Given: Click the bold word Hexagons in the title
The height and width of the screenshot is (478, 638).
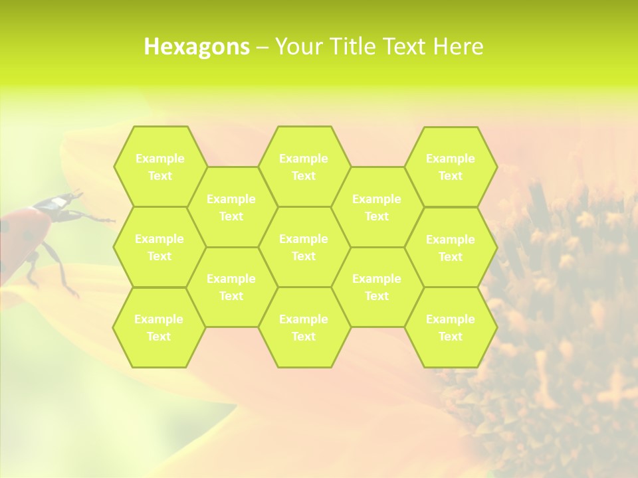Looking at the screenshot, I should click(197, 46).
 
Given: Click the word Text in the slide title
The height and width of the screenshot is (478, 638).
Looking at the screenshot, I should click(405, 46).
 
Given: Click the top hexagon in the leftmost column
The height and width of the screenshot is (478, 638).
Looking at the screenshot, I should click(159, 167).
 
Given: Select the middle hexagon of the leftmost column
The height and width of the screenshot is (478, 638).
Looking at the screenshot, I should click(159, 247).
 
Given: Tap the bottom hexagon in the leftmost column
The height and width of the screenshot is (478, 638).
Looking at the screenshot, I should click(159, 327).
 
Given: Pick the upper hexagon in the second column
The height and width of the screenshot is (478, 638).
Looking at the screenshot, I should click(231, 207).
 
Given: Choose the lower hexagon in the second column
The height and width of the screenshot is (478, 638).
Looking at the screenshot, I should click(231, 287).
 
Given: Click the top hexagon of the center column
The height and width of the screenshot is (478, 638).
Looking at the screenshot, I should click(304, 167).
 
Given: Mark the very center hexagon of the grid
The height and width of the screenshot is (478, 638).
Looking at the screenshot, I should click(304, 247).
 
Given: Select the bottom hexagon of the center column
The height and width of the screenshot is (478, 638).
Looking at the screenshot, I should click(304, 327).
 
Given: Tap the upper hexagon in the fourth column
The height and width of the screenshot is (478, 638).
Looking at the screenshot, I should click(377, 207).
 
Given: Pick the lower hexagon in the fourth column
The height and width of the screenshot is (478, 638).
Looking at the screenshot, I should click(377, 287).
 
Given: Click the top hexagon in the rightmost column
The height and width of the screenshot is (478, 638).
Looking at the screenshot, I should click(451, 167).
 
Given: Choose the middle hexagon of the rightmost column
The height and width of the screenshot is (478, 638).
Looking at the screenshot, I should click(451, 248).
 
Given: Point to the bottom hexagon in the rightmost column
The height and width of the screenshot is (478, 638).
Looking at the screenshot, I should click(451, 327).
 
